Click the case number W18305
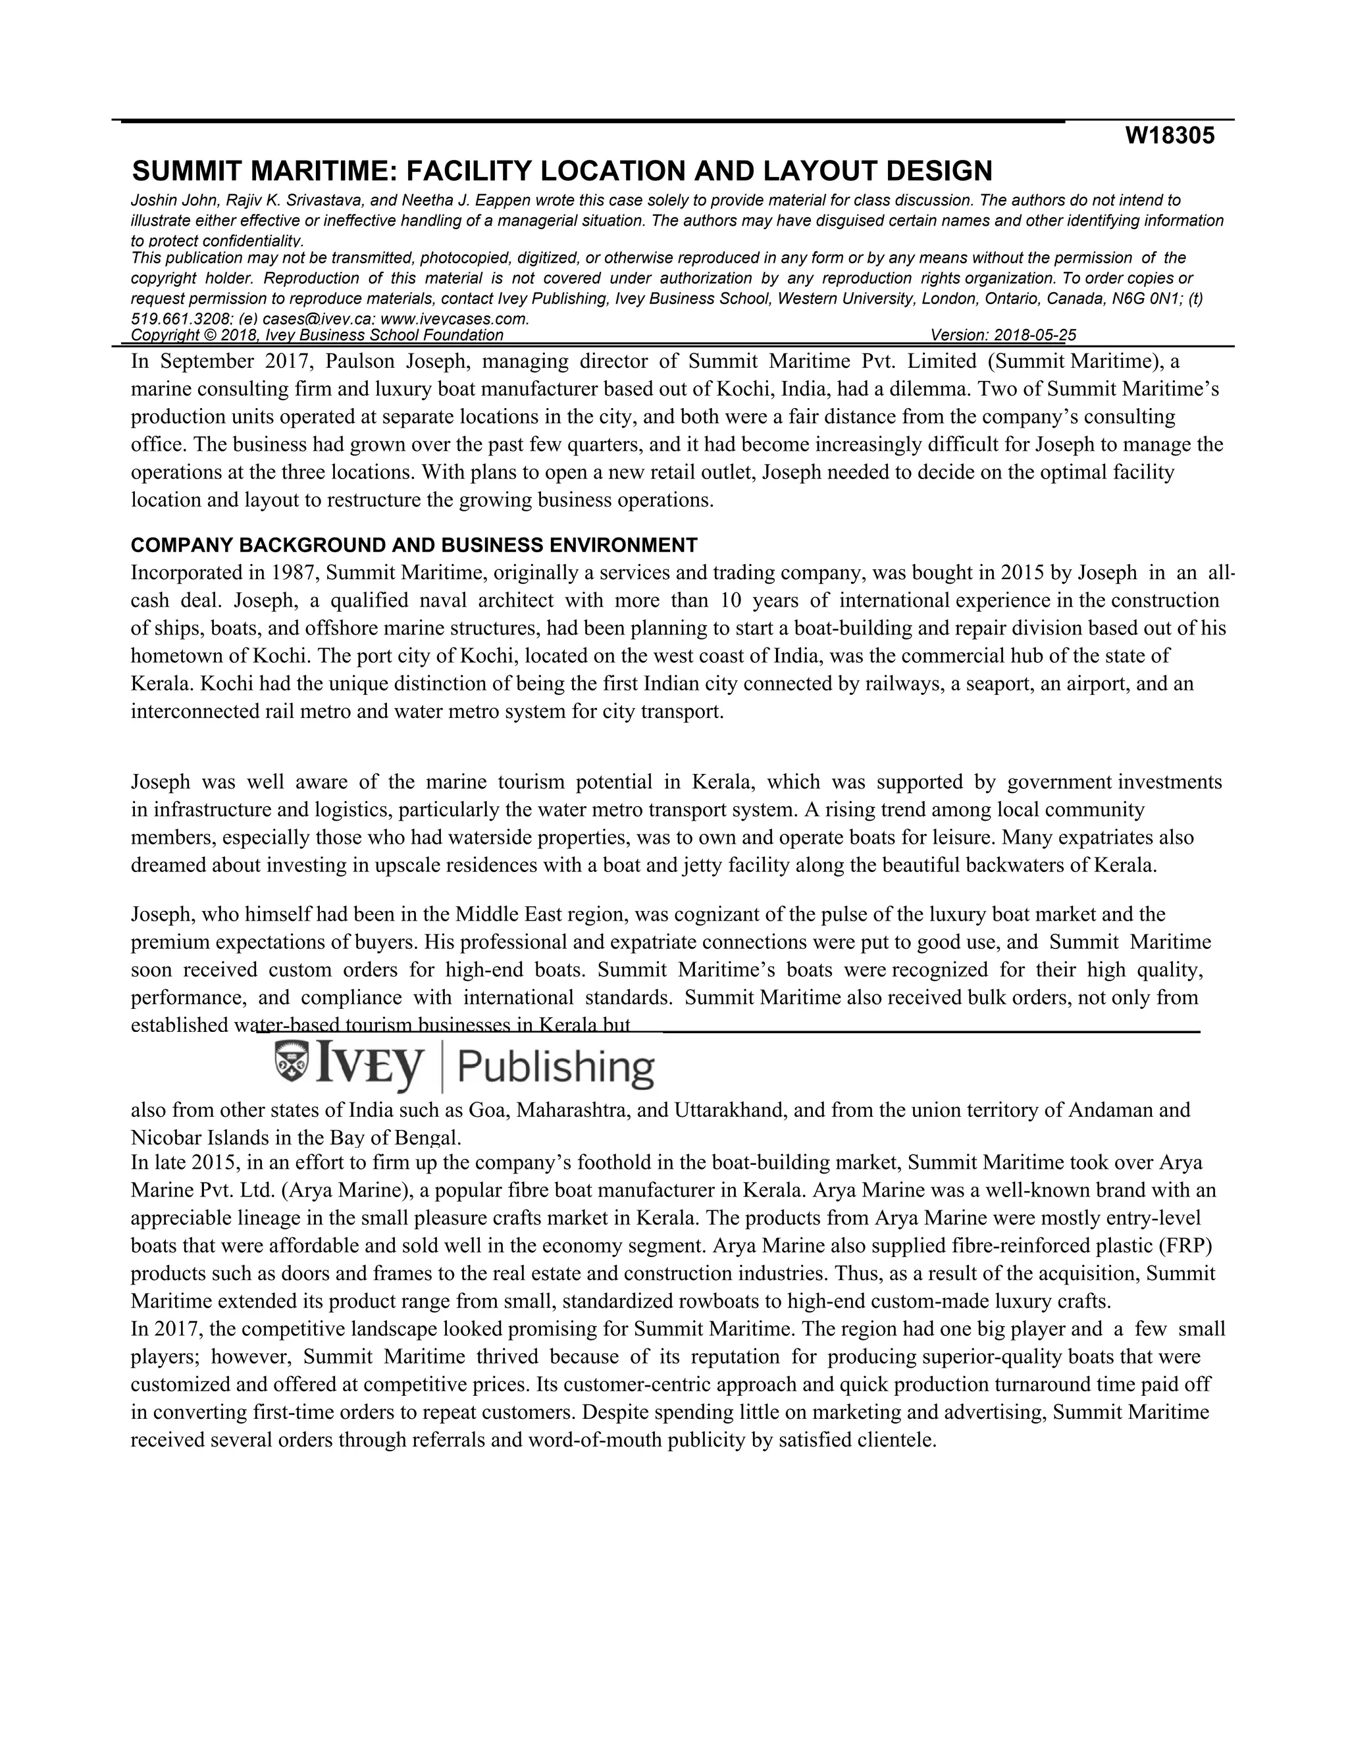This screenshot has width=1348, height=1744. [x=1169, y=136]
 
